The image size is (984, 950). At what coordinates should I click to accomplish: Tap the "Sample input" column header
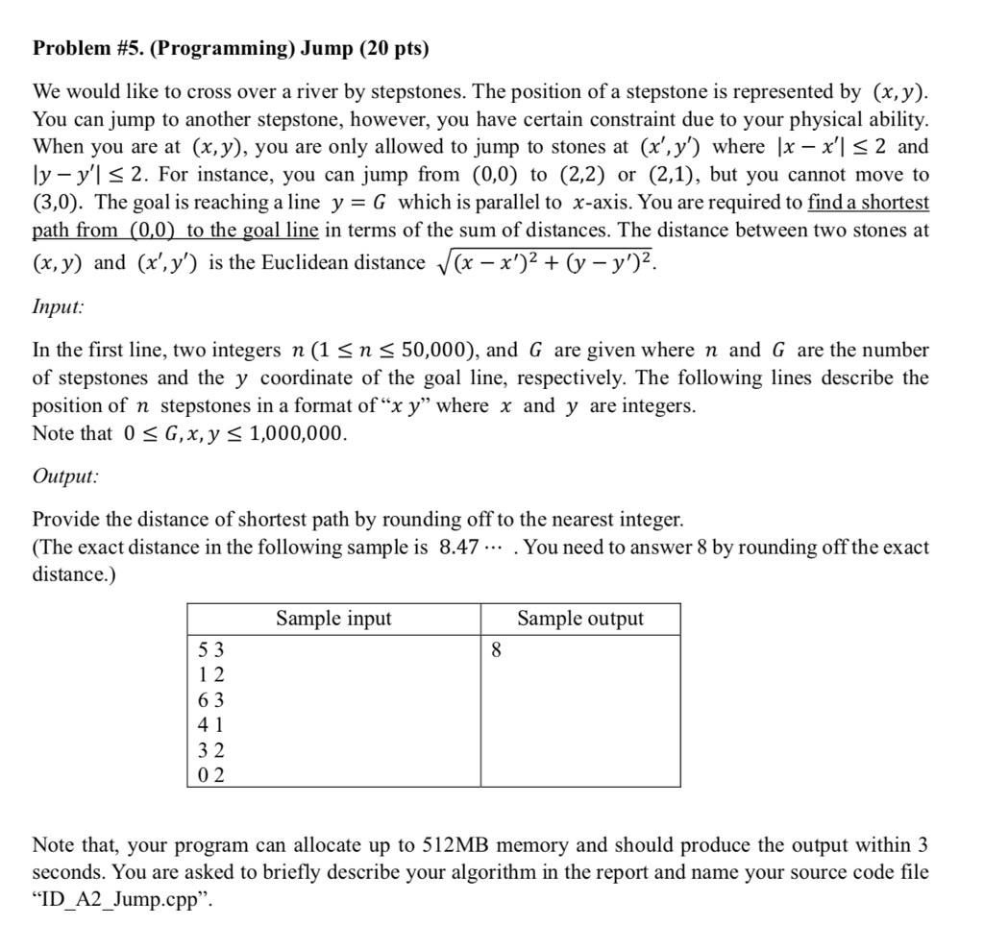point(333,619)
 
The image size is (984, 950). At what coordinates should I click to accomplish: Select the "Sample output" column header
point(580,619)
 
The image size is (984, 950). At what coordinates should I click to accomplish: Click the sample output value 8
point(496,650)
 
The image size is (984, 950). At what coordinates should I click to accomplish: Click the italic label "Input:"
point(58,306)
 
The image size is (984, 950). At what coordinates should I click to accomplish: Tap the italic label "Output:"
point(64,475)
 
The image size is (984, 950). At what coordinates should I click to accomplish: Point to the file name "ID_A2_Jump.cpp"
point(117,901)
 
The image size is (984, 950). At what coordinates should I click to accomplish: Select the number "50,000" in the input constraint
point(435,351)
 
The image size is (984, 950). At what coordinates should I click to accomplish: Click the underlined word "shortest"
point(893,203)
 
